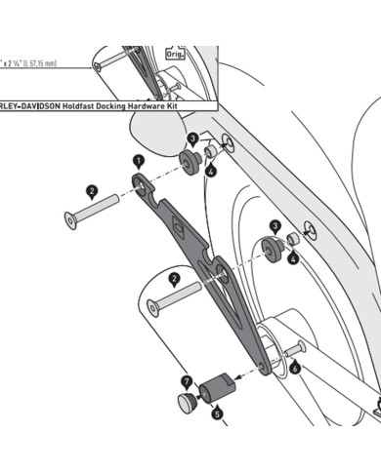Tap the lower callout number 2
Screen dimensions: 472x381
click(175, 279)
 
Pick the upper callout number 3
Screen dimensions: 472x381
click(193, 138)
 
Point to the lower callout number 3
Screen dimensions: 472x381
click(275, 225)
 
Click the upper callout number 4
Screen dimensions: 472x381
click(211, 172)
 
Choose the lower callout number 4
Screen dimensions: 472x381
click(292, 258)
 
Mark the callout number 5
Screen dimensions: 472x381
click(217, 413)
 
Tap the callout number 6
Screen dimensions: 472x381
click(295, 370)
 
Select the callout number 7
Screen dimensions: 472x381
click(187, 379)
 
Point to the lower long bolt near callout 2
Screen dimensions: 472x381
click(176, 297)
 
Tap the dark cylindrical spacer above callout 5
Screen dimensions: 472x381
click(214, 388)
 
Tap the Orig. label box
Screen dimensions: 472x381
click(177, 55)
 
